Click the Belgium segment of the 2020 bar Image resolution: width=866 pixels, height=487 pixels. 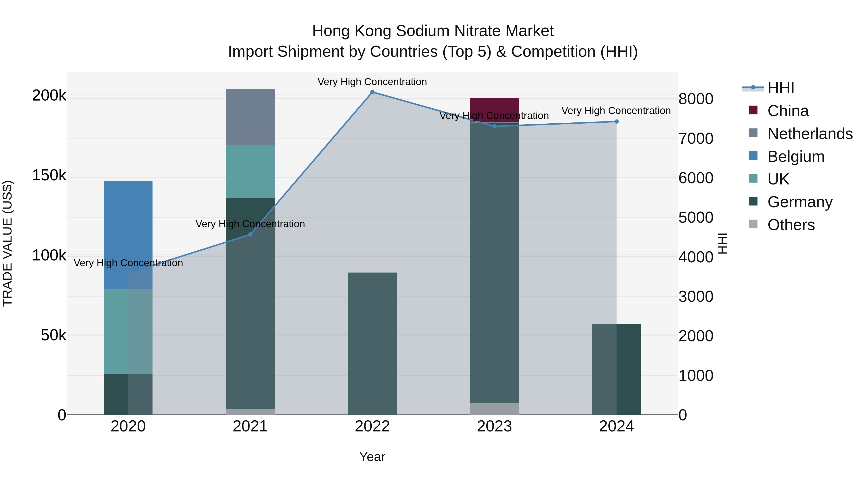click(x=128, y=235)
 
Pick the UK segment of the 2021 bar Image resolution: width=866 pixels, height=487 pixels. click(x=250, y=171)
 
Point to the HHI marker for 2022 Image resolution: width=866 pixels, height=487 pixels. click(x=372, y=92)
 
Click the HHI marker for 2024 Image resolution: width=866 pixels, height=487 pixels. click(x=616, y=122)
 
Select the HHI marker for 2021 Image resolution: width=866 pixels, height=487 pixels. click(x=250, y=234)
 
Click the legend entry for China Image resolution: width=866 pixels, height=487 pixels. click(x=788, y=111)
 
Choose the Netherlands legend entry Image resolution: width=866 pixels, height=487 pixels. click(x=809, y=134)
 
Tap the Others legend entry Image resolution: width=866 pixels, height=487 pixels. click(x=791, y=225)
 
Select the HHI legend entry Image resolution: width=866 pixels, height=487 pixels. click(x=781, y=88)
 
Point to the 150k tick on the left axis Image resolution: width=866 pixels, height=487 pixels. click(x=49, y=176)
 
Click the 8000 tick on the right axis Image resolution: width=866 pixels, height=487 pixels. click(x=695, y=99)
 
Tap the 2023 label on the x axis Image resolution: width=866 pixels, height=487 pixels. click(x=494, y=426)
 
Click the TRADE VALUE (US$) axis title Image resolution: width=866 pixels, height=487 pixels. click(x=7, y=243)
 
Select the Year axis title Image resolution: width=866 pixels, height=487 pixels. click(x=372, y=457)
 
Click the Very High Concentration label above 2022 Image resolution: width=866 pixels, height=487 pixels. click(x=372, y=82)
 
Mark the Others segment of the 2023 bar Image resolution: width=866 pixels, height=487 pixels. click(x=494, y=409)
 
